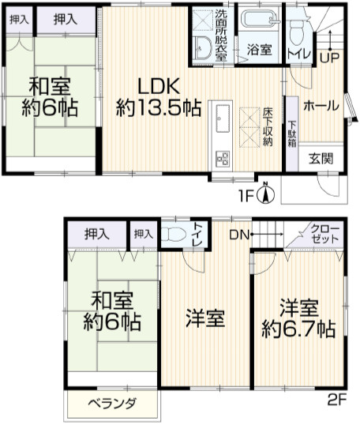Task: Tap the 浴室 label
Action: point(259,50)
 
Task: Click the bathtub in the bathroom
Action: point(259,21)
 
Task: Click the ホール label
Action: point(321,106)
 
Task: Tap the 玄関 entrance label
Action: point(321,157)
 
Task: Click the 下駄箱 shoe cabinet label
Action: point(292,134)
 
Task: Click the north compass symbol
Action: point(266,190)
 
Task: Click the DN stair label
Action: point(240,234)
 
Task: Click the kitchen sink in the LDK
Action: point(221,119)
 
